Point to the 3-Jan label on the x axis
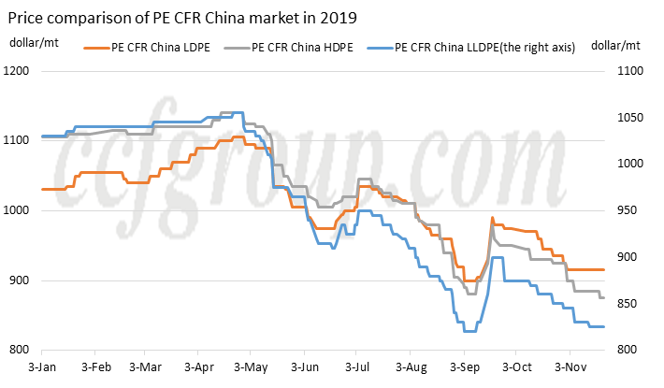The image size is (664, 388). click(43, 367)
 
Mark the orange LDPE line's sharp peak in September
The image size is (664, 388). click(492, 219)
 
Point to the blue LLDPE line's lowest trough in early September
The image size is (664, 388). click(469, 331)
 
